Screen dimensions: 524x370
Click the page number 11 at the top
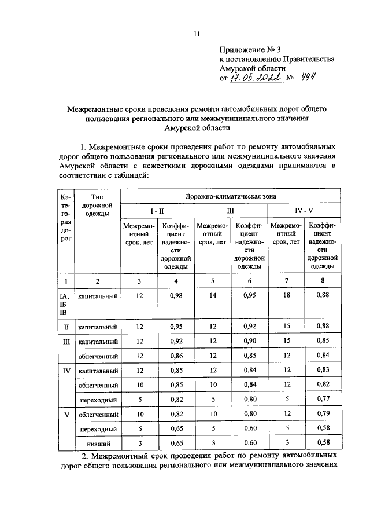(x=197, y=34)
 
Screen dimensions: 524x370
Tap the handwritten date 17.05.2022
(x=258, y=78)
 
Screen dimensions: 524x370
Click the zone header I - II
(x=157, y=211)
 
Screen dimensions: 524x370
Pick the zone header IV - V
(x=305, y=211)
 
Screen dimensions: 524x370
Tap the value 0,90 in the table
(x=250, y=341)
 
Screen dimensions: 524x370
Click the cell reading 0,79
(x=323, y=415)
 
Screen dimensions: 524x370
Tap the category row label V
(x=65, y=415)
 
